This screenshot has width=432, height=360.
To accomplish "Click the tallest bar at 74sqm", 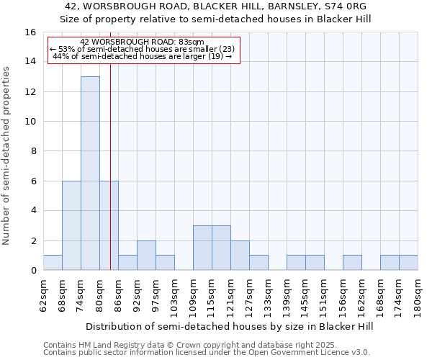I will (x=90, y=173).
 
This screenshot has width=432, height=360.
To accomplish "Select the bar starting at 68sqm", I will (x=71, y=225).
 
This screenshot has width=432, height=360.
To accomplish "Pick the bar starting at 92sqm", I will (x=146, y=255).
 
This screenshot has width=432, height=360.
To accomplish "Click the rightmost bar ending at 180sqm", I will (x=408, y=263).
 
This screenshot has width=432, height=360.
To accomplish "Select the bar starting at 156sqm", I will (x=352, y=263).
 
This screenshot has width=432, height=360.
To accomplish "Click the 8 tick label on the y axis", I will (x=33, y=151).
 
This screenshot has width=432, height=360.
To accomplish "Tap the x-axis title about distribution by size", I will (x=230, y=326).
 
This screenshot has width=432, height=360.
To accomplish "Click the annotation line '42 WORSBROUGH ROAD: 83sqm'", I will (x=142, y=42).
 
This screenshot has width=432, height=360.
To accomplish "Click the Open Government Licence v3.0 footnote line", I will (x=207, y=352).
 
